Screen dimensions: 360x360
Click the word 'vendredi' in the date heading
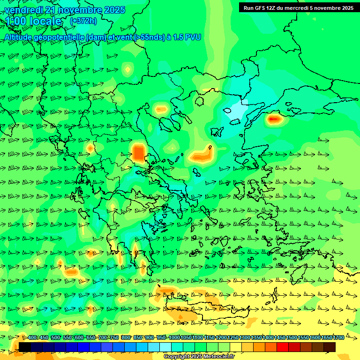pos(24,10)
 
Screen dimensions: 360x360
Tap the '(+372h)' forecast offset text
pos(83,21)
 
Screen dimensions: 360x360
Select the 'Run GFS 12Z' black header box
pos(298,7)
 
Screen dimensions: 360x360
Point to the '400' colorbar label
pos(32,337)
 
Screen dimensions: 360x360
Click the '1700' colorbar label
pos(338,337)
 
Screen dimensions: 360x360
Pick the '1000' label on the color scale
pos(174,337)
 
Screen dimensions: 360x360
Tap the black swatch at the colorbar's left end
pos(25,347)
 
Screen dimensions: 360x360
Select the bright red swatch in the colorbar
pos(283,347)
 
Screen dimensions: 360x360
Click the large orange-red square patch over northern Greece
pos(139,153)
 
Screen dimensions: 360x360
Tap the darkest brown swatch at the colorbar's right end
pos(330,347)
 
